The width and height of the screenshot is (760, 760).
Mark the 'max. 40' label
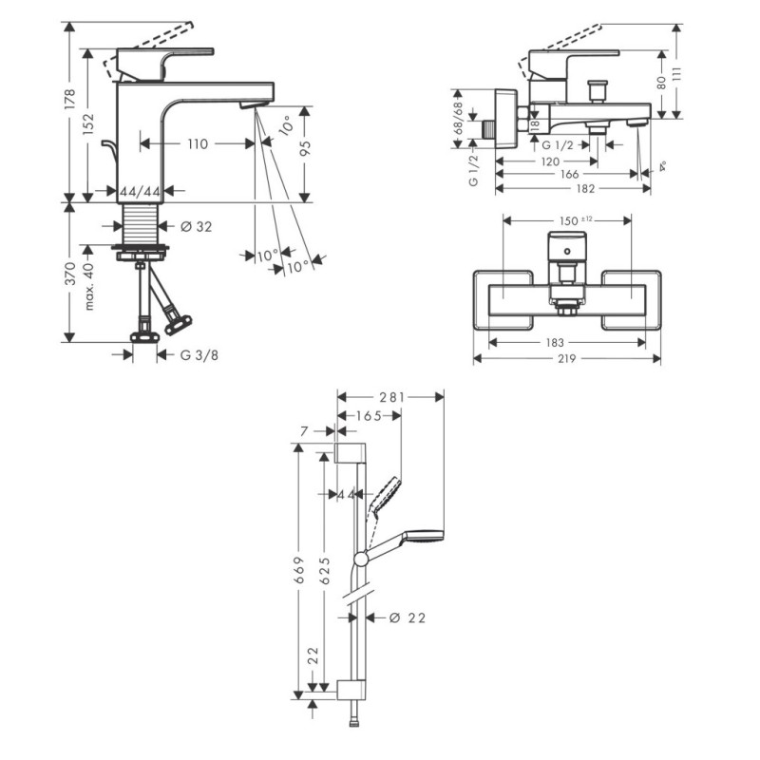[x=91, y=288]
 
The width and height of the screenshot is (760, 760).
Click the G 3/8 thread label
[x=199, y=355]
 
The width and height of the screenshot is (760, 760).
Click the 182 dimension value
[x=572, y=189]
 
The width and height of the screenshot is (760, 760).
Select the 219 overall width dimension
[x=568, y=359]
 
